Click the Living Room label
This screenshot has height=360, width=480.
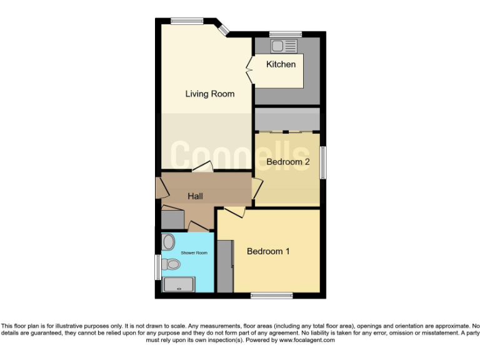click(x=209, y=94)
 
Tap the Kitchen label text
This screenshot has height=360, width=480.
click(x=281, y=64)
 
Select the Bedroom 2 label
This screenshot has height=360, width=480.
click(x=288, y=162)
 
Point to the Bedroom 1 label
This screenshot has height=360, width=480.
click(x=268, y=251)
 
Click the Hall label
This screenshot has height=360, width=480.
click(x=196, y=196)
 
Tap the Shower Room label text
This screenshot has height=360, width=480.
click(x=194, y=252)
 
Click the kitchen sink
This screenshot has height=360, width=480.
click(x=284, y=46)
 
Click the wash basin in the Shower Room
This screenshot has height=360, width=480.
click(x=168, y=242)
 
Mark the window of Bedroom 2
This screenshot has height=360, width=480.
click(x=323, y=163)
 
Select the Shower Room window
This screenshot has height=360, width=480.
click(x=157, y=267)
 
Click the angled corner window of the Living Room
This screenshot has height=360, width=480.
click(x=223, y=27)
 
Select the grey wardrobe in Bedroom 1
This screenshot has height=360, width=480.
click(x=225, y=265)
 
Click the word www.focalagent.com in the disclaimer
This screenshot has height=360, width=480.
click(x=307, y=341)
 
